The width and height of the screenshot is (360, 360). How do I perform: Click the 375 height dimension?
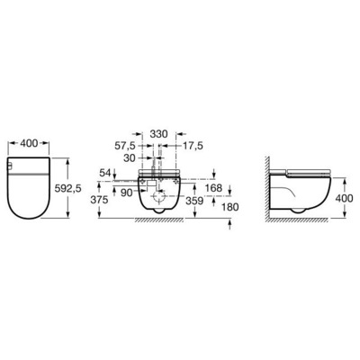click(x=105, y=202)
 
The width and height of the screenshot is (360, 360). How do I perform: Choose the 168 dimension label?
click(x=214, y=188)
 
